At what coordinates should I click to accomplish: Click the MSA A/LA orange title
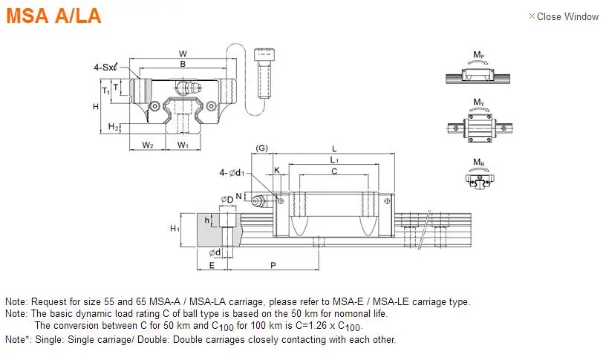click(x=53, y=16)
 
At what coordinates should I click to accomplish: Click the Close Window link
click(x=564, y=16)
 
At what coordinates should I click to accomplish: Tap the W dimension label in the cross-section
click(x=183, y=53)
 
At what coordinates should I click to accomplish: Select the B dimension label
click(x=183, y=64)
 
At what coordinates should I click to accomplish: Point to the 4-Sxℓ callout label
click(x=105, y=68)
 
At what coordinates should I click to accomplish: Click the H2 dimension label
click(x=113, y=126)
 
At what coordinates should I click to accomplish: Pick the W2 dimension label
click(x=148, y=145)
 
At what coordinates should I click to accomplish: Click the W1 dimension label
click(x=183, y=145)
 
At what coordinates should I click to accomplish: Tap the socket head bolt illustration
click(x=264, y=73)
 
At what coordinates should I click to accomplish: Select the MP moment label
click(x=479, y=55)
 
